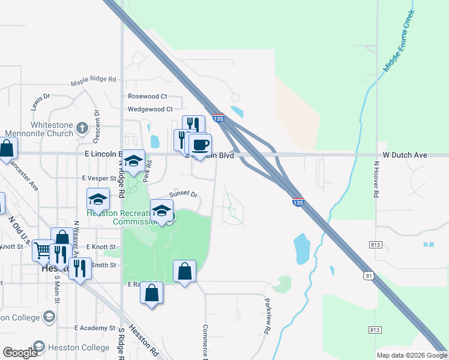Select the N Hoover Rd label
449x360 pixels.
coord(377,179)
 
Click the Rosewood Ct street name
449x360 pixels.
coord(148,97)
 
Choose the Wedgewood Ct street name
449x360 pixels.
coord(150,109)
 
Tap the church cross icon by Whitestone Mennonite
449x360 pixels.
coord(82,128)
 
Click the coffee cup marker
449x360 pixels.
coord(200,145)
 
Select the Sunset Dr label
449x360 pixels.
coord(183,194)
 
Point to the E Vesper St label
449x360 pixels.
coord(98,178)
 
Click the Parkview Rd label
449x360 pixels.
coord(267,315)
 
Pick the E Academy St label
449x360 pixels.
coord(95,328)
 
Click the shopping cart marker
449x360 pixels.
coord(43,250)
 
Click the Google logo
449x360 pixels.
coord(20,353)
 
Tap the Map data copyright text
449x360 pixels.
coord(412,356)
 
